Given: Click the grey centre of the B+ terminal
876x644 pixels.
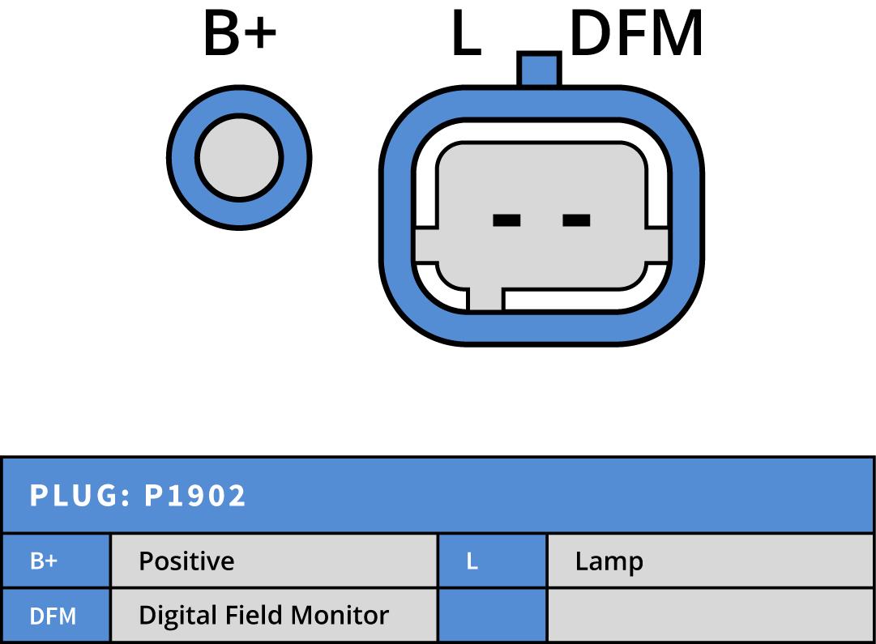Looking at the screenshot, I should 239,156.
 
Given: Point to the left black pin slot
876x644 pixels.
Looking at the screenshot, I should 506,220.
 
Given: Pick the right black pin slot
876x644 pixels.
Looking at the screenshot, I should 576,220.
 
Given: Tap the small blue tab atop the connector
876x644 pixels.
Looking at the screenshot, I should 539,69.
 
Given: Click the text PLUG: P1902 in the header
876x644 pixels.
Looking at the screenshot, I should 138,496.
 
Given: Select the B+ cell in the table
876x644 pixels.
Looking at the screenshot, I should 44,561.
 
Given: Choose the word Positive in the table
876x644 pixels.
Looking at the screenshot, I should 186,561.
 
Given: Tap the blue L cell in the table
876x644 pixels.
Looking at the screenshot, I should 472,561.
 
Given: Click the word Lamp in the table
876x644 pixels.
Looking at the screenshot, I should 609,561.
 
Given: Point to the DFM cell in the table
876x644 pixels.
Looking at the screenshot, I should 53,616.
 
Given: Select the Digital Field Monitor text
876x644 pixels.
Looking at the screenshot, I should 263,616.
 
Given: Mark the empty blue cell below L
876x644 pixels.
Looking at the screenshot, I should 492,616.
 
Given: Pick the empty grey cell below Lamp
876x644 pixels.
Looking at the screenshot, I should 710,616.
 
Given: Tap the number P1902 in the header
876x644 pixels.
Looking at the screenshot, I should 194,496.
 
